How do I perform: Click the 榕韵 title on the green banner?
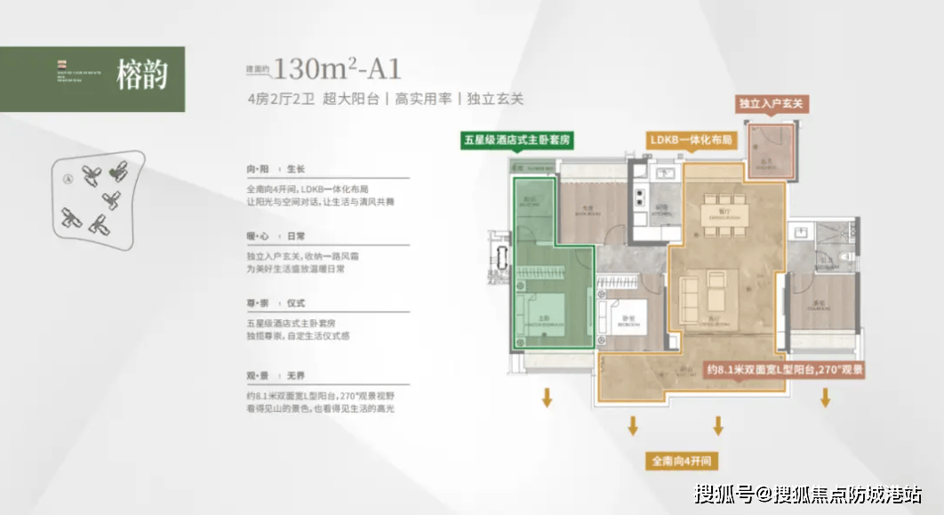(x=142, y=76)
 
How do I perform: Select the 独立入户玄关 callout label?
(x=771, y=104)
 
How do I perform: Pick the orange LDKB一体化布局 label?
(x=691, y=141)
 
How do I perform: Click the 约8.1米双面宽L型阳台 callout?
(x=785, y=368)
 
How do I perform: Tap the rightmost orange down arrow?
(x=826, y=398)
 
